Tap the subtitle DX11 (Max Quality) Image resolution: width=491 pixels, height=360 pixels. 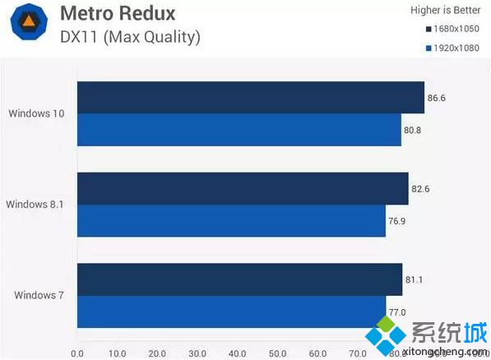[130, 37]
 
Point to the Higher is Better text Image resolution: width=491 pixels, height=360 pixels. [444, 10]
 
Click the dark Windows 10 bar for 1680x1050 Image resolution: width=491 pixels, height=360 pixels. [250, 97]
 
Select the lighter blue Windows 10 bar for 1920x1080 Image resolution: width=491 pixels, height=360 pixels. [239, 129]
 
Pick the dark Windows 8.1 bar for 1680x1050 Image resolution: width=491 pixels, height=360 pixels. [243, 188]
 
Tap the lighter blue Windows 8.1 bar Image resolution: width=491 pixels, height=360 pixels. [231, 220]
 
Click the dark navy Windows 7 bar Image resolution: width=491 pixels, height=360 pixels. [239, 279]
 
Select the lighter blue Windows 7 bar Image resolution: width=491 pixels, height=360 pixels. [231, 312]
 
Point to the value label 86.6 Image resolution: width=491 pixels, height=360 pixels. [437, 98]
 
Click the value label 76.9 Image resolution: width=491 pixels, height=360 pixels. [398, 221]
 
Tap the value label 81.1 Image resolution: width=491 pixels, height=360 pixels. [415, 280]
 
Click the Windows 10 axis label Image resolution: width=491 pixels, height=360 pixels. [37, 113]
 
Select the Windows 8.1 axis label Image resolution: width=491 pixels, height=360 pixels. [35, 204]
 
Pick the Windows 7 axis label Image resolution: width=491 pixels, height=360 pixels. [39, 295]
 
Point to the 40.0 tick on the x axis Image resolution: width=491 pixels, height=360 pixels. [235, 353]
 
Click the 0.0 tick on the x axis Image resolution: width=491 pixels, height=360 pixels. [77, 353]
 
